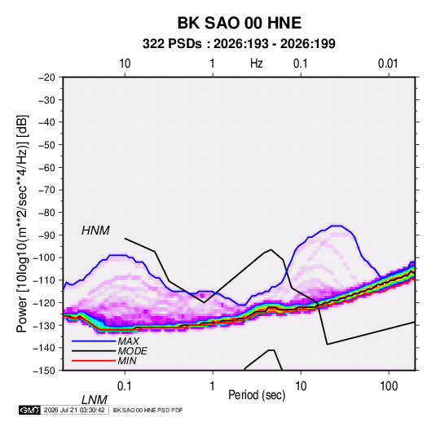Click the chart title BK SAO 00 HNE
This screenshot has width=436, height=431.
[x=239, y=23]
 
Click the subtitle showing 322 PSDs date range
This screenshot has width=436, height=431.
[x=239, y=44]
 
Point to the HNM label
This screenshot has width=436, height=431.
[x=95, y=231]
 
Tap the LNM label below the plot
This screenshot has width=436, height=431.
[x=95, y=400]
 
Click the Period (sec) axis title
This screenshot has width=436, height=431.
[x=257, y=395]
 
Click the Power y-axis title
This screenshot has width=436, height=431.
[x=22, y=223]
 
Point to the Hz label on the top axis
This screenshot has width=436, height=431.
[x=257, y=64]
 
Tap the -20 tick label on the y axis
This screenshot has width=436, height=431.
[x=46, y=77]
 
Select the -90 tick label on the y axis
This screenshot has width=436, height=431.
[x=46, y=235]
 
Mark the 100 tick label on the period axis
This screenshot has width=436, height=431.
[x=389, y=386]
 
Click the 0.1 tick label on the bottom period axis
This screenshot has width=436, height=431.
[x=125, y=386]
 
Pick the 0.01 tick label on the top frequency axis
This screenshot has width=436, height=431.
[x=388, y=64]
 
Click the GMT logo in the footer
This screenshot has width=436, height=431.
[x=30, y=410]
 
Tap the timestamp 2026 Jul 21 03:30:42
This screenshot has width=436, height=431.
[x=74, y=410]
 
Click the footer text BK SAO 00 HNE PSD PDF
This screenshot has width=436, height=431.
[x=148, y=410]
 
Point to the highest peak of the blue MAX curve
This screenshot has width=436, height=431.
[x=337, y=226]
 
